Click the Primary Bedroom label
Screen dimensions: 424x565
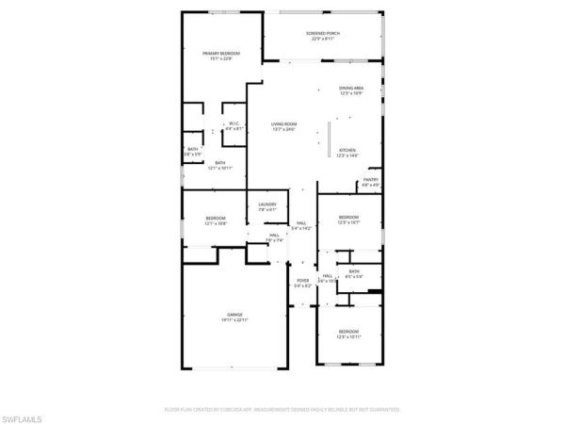221,56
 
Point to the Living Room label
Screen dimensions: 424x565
283,126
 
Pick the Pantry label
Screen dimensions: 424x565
371,182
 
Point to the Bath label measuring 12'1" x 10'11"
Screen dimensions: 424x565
219,165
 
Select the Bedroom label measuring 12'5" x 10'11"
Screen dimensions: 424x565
348,334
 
